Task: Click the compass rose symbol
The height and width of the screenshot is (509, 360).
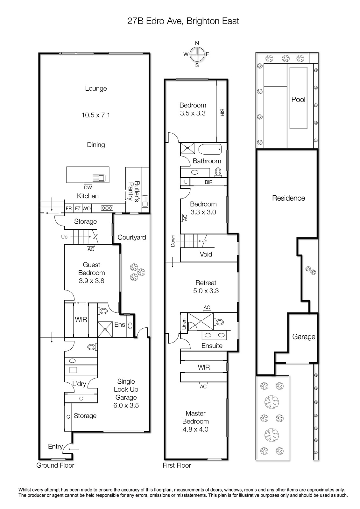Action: (x=197, y=54)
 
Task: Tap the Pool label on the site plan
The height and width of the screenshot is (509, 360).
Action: (x=298, y=100)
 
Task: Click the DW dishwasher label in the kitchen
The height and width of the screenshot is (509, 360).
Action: (x=88, y=187)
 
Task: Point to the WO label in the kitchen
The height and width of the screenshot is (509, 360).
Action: (x=86, y=208)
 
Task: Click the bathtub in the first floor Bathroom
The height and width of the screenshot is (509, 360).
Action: (x=210, y=150)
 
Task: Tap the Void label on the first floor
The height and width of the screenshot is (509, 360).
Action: (x=206, y=254)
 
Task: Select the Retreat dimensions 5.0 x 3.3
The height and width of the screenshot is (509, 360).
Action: (x=206, y=291)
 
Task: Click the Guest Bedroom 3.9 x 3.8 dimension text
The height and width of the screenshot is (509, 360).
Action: (x=91, y=281)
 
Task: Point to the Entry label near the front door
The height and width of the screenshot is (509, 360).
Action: (x=55, y=447)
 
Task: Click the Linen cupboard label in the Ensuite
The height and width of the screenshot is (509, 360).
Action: (x=184, y=324)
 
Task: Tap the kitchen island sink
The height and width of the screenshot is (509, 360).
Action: (x=98, y=178)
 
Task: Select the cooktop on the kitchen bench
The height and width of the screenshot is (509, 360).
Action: (x=107, y=208)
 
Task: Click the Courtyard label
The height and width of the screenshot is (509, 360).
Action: (x=132, y=237)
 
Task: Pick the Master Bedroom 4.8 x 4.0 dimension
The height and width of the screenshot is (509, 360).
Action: (x=195, y=429)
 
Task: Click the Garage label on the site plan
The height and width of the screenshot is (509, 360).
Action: (x=304, y=337)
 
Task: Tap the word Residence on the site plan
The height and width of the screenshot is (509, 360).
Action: (x=288, y=198)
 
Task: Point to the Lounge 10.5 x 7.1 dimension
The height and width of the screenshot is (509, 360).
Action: (x=96, y=115)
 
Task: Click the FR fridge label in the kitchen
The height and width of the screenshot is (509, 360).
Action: (x=69, y=208)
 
